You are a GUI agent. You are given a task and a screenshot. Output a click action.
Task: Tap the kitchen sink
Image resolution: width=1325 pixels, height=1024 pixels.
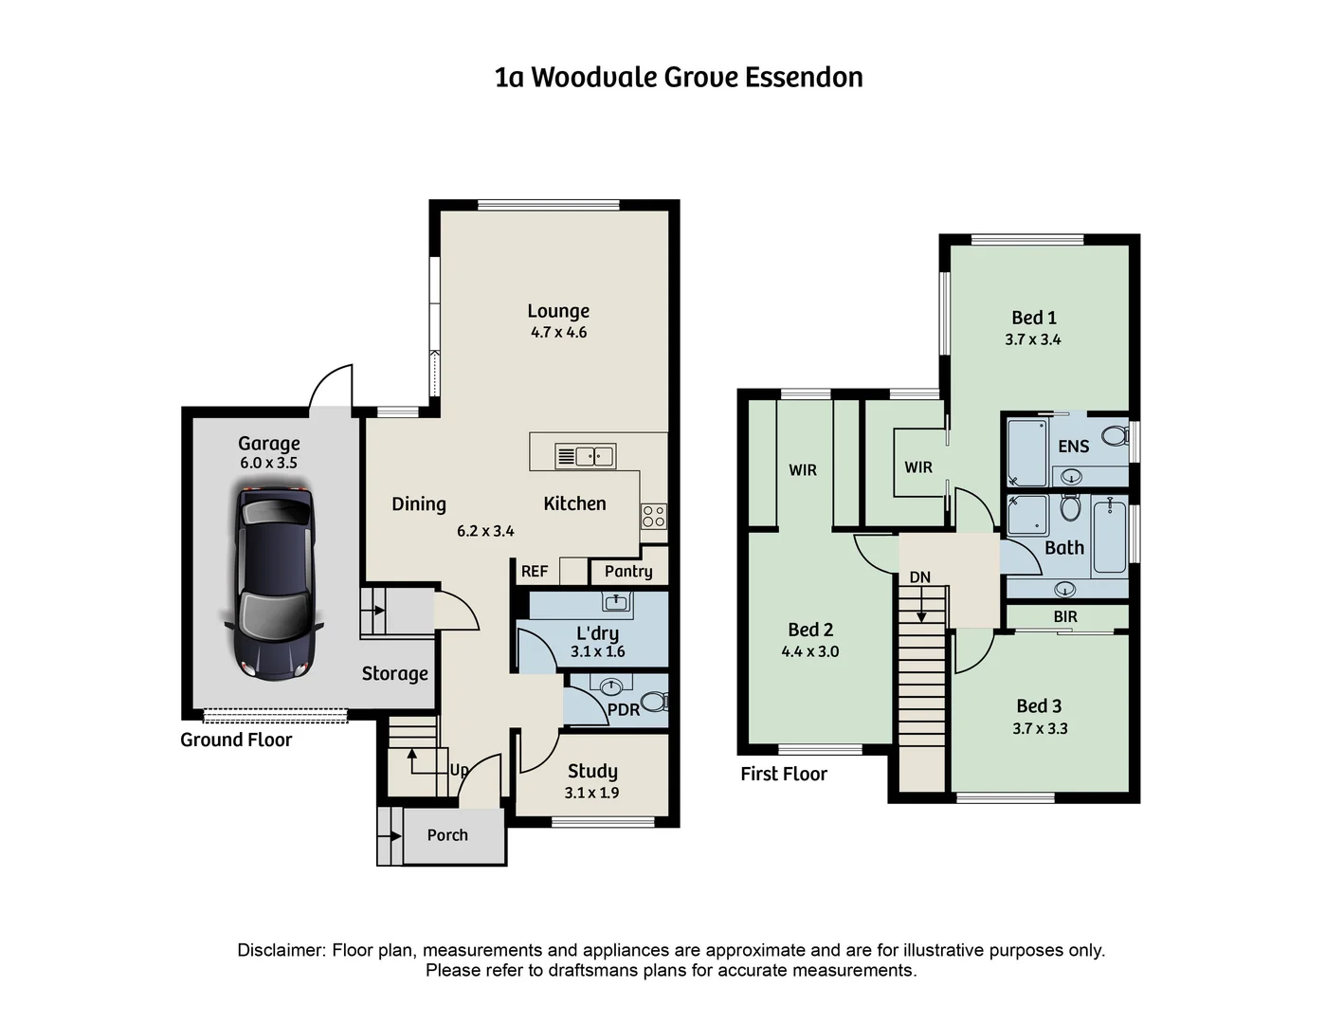pyautogui.click(x=585, y=456)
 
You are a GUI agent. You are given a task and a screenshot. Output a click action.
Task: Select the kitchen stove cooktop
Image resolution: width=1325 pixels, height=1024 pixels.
pyautogui.click(x=653, y=516)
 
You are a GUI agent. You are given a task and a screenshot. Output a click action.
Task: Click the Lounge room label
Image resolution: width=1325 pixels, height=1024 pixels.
pyautogui.click(x=558, y=311)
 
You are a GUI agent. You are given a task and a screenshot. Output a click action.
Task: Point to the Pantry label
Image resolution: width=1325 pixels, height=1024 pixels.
pyautogui.click(x=628, y=571)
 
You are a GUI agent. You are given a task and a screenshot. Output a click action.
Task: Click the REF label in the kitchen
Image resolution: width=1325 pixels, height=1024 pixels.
pyautogui.click(x=535, y=571)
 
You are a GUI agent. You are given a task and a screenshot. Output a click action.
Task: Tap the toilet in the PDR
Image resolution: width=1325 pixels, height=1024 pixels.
pyautogui.click(x=654, y=703)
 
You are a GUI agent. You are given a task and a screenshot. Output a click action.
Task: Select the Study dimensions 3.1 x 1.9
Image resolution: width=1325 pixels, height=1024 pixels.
pyautogui.click(x=591, y=793)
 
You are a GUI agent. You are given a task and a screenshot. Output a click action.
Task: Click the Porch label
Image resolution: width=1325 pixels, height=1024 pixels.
pyautogui.click(x=447, y=835)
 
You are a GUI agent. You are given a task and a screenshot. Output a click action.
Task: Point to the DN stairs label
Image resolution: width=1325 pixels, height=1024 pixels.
pyautogui.click(x=919, y=577)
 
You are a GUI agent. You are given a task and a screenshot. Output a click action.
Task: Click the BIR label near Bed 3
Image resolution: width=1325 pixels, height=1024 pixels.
pyautogui.click(x=1065, y=616)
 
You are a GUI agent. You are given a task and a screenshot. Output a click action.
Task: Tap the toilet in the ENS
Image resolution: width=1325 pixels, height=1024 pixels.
pyautogui.click(x=1116, y=437)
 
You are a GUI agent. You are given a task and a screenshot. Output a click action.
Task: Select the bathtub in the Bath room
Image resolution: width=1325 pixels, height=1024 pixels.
pyautogui.click(x=1109, y=538)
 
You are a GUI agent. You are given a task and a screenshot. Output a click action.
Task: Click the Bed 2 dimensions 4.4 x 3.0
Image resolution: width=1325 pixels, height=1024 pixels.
pyautogui.click(x=809, y=651)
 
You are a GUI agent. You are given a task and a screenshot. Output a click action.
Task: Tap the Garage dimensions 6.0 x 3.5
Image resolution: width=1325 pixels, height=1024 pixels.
pyautogui.click(x=268, y=463)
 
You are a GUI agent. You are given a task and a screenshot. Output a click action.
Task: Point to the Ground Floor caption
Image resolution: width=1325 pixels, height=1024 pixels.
pyautogui.click(x=236, y=740)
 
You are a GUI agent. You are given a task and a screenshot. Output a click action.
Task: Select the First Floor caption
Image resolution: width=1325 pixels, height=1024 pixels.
pyautogui.click(x=784, y=774)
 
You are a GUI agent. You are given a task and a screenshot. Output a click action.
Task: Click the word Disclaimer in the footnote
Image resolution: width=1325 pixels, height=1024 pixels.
pyautogui.click(x=281, y=950)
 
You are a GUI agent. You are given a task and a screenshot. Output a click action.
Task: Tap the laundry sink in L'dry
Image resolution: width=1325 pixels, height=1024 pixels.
pyautogui.click(x=617, y=601)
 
